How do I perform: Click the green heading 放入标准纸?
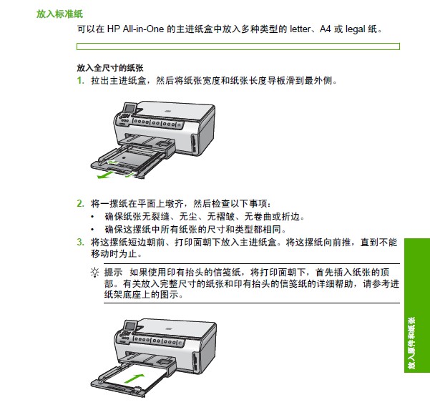59,14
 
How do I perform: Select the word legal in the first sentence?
356,29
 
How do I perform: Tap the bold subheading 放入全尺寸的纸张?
110,68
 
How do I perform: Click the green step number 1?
80,80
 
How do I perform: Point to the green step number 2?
80,203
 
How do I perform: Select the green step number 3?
80,242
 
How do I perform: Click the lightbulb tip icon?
94,273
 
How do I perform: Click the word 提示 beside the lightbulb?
113,273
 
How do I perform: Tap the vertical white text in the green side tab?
411,343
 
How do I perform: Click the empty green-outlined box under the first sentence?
238,47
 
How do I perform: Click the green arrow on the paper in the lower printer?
134,379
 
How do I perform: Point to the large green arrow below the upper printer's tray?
105,175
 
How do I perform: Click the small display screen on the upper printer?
130,108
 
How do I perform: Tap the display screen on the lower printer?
130,326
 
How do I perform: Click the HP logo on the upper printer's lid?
168,112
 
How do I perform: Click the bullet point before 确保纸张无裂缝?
92,217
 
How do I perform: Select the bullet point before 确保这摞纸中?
92,229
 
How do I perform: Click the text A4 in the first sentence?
326,29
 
